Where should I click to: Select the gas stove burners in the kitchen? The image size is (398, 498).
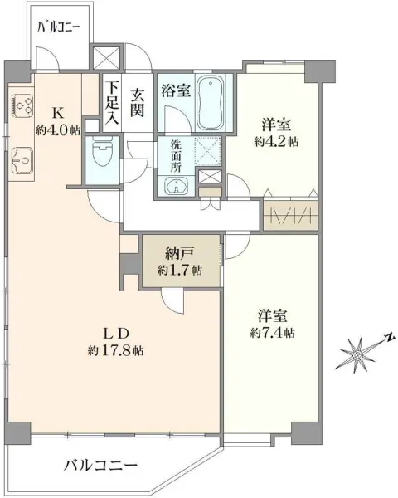[x=22, y=105]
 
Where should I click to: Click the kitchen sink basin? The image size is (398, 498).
[x=22, y=160]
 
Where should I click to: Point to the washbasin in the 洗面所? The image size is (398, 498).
[x=175, y=187]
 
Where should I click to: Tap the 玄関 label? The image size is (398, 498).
[x=138, y=102]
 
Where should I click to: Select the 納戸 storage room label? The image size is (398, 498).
[x=179, y=254]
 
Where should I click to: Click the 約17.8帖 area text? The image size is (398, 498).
[x=115, y=350]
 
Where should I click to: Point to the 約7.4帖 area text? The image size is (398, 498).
[x=272, y=333]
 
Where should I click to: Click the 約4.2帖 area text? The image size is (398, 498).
[x=276, y=142]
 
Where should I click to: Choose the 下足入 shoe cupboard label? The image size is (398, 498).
[x=112, y=103]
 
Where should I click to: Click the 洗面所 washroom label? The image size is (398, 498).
[x=175, y=157]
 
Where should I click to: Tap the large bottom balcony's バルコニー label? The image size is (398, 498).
[x=101, y=466]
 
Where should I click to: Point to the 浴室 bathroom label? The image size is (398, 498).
[x=176, y=90]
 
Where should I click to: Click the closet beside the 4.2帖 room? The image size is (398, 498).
[x=290, y=215]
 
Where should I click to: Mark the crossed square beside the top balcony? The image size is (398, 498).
[x=107, y=57]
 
